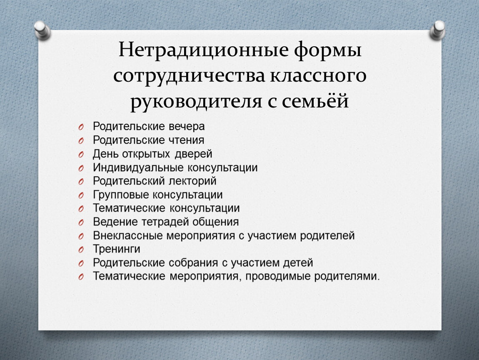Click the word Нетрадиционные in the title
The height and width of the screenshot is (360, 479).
[x=203, y=50]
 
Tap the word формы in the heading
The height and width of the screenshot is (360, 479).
[x=328, y=51]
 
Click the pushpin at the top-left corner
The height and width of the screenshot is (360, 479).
[x=42, y=30]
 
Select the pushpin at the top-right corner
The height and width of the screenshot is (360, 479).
[x=437, y=30]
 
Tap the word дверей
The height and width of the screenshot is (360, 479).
[x=193, y=154]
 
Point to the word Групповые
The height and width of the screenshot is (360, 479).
[x=121, y=195]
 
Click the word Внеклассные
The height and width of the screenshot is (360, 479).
[x=128, y=235]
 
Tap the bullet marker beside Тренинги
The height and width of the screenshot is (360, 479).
[x=81, y=250]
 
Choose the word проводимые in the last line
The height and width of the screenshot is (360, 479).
[x=278, y=277]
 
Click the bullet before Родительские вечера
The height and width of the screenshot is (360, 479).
[x=81, y=127]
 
